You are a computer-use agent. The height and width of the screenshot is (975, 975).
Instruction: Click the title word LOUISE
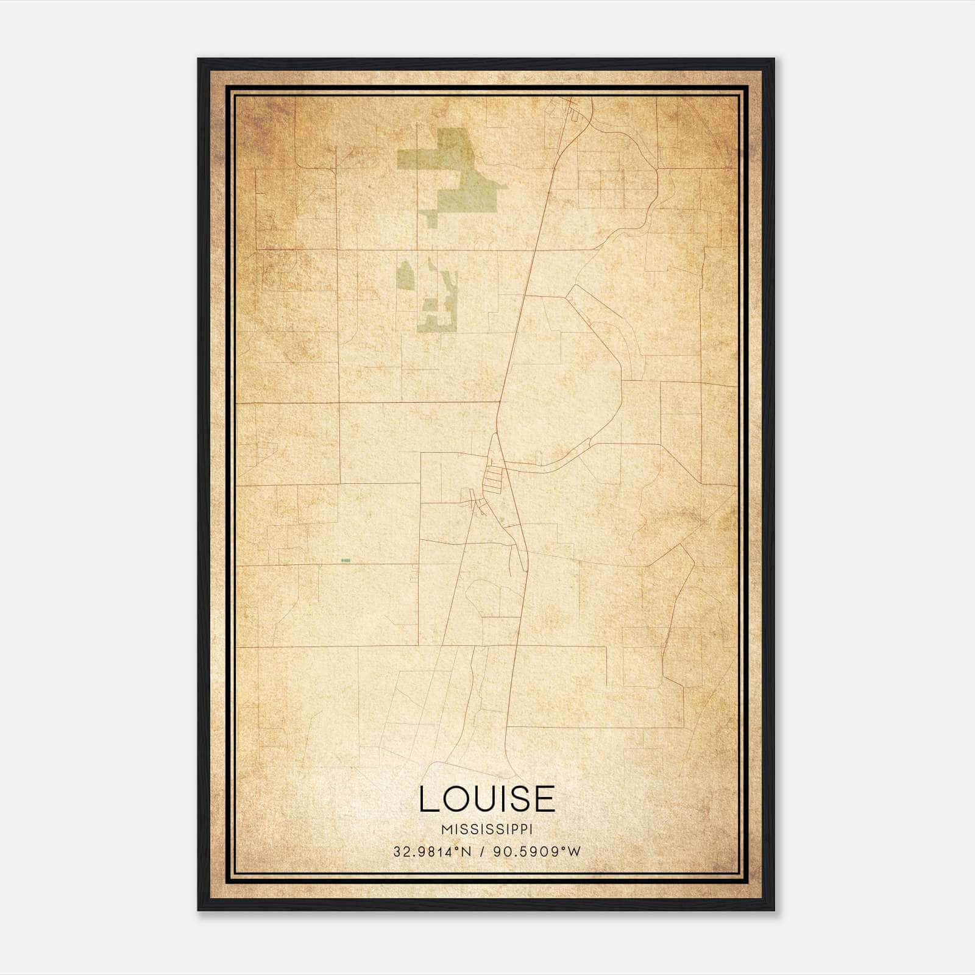[487, 799]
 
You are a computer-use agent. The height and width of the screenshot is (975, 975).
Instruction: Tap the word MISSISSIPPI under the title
[487, 829]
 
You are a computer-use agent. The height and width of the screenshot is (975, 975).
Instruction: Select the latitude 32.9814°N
[433, 852]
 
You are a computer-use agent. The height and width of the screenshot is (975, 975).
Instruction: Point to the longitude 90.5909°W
[532, 852]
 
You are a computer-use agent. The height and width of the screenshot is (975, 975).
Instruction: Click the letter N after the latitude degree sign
[467, 852]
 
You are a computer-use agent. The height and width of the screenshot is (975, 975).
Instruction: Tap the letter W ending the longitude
[575, 852]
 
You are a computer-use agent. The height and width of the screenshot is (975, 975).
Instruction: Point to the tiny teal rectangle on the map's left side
[346, 560]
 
